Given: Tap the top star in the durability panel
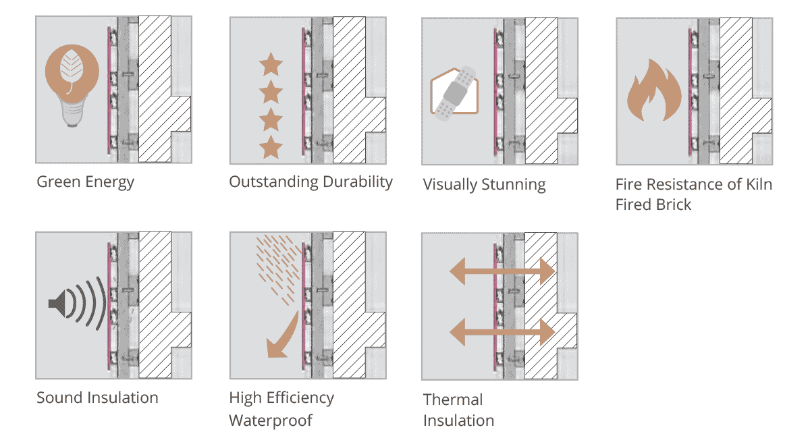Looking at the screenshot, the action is pos(271,64).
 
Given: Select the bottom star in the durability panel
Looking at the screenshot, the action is pos(271,147).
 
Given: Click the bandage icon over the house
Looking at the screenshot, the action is pos(455,93).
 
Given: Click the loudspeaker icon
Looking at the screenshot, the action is pos(58,304).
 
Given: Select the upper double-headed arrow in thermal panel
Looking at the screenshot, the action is pos(502,271).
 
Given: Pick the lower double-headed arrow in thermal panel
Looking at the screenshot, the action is pos(502,332).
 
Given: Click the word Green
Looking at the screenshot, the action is pos(58,182).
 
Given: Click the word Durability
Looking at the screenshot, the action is pos(357,182).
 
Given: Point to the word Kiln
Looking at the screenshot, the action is pos(759,184).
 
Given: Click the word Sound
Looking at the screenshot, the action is pos(59,398).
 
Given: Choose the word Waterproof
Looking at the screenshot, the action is pos(271,420).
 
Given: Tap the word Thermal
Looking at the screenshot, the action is pos(453,400).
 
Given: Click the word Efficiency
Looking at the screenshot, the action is pos(300,398).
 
